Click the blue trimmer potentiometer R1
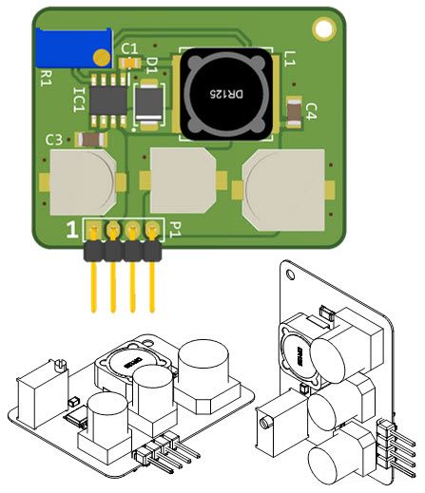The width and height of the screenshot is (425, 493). coord(73,47)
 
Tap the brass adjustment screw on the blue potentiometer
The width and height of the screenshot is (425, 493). coord(102,57)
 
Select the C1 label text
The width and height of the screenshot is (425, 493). coord(130,49)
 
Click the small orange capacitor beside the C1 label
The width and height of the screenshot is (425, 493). coord(129,63)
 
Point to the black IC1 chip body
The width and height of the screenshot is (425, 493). coord(108,101)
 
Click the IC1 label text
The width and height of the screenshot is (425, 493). coord(79,100)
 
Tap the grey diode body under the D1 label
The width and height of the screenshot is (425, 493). coord(148,104)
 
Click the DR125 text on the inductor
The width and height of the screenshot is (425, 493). coord(226,94)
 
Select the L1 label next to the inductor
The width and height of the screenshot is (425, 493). coord(289,59)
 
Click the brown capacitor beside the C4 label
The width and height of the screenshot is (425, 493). coord(294,112)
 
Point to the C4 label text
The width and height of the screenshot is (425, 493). coord(311,111)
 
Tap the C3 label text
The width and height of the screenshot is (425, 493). coord(54,140)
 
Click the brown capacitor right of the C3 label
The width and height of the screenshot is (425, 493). coord(91,140)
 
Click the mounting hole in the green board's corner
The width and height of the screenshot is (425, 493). coord(324,28)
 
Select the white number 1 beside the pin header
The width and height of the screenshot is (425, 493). coord(72,230)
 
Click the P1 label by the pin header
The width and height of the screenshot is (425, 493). coord(175,229)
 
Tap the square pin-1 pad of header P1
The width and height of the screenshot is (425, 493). coord(93,229)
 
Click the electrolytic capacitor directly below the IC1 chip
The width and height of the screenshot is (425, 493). coord(83,182)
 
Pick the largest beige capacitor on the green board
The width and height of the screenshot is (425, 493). coord(284,190)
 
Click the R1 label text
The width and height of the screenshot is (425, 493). coord(47,78)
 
